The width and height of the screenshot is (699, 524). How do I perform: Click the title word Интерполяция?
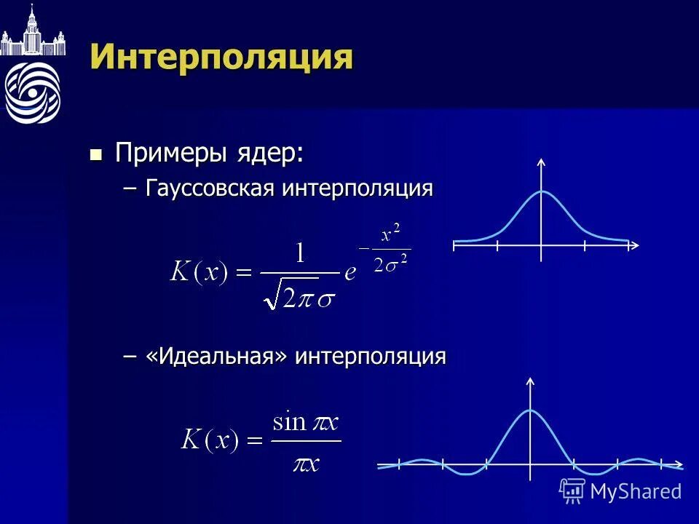coord(221,57)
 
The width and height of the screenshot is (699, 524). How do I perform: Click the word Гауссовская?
coord(210,188)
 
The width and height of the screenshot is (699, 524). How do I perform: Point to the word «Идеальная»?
coord(216,357)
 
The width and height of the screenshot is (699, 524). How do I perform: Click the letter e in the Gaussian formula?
coord(351,274)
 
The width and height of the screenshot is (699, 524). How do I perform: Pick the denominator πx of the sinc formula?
coord(306,463)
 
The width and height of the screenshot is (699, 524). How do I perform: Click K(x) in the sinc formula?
coord(210,440)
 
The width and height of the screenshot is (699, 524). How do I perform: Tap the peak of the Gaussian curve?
coord(541,191)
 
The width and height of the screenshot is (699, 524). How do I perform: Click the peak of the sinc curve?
coord(531,410)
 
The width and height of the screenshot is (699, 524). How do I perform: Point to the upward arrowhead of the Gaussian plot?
coord(541,162)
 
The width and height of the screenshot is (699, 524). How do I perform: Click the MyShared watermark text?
coord(636,491)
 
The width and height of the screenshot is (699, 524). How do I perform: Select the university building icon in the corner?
coord(32,32)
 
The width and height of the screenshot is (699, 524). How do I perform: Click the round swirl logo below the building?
coord(32,92)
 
